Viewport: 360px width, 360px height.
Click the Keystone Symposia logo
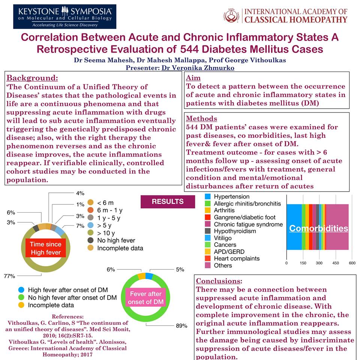(x=64, y=17)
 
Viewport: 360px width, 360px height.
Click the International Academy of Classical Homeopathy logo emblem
(x=232, y=16)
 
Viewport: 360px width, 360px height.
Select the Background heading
(x=32, y=78)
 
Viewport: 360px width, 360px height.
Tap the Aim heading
(x=193, y=78)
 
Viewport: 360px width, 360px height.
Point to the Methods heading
(x=202, y=118)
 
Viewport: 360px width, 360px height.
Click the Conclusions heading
(x=219, y=281)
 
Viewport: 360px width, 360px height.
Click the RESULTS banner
(x=168, y=202)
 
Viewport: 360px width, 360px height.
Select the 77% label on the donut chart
(x=9, y=276)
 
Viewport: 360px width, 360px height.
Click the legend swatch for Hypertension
(x=207, y=196)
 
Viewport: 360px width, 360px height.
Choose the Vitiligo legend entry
(x=223, y=238)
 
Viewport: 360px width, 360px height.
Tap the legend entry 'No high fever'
(x=116, y=240)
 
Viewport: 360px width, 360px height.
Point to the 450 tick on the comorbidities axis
(x=335, y=263)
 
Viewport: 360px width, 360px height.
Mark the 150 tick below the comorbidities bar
(x=303, y=263)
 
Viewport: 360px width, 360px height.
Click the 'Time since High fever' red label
(x=45, y=248)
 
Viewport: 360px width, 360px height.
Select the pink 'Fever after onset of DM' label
(x=145, y=298)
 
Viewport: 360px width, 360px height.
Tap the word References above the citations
(x=67, y=316)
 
